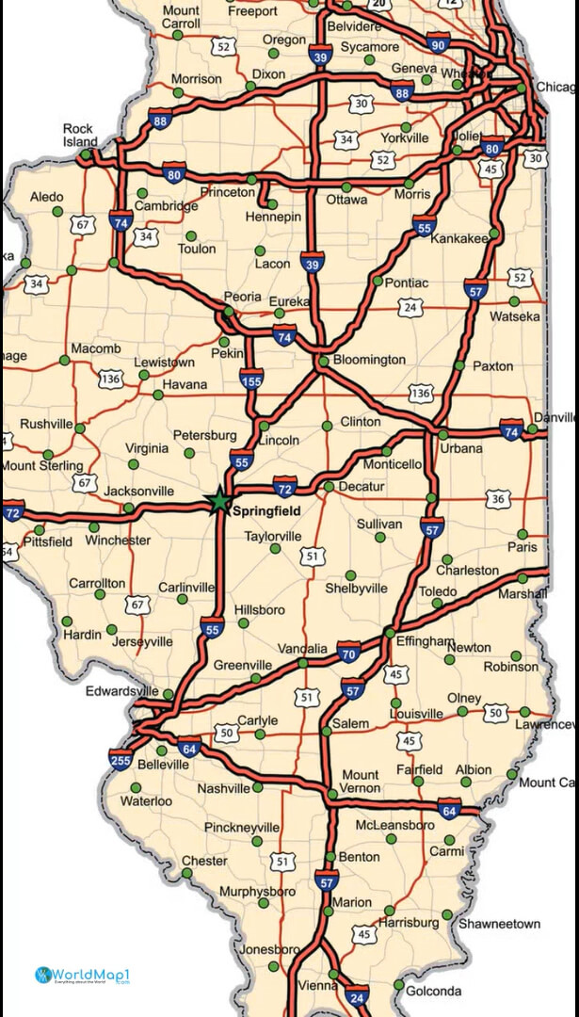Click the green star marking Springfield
[x=219, y=500]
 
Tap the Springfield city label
[x=266, y=510]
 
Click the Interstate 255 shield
[x=120, y=759]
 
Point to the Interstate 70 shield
[x=348, y=653]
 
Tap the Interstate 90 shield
[x=436, y=44]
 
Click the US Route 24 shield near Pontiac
[x=409, y=307]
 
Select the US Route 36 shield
[x=498, y=498]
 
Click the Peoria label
[x=242, y=296]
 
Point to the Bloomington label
[x=369, y=360]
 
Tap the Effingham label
[x=426, y=640]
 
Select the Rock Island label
[x=80, y=135]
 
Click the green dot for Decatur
[x=329, y=487]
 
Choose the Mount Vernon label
[x=361, y=781]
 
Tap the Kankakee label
[x=458, y=238]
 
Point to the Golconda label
[x=434, y=991]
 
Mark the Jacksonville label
[x=138, y=492]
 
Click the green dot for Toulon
[x=191, y=235]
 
